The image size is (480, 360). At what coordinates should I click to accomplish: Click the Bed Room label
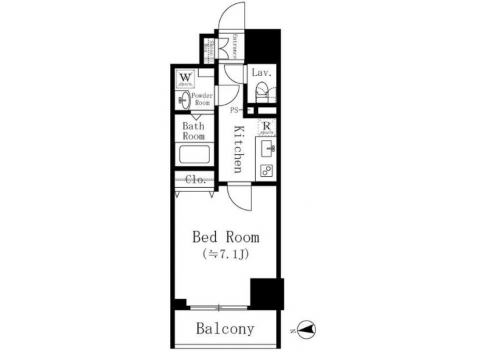pyautogui.click(x=225, y=237)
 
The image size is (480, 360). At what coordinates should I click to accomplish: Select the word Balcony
pyautogui.click(x=225, y=329)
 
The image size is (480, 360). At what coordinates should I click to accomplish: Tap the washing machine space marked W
pyautogui.click(x=185, y=79)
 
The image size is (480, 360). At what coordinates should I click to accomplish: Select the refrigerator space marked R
pyautogui.click(x=265, y=127)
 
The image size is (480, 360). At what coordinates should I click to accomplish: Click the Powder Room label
pyautogui.click(x=202, y=99)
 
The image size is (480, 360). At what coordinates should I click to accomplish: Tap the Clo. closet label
pyautogui.click(x=194, y=179)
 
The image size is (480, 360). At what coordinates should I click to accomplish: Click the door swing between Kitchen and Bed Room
pyautogui.click(x=238, y=197)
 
